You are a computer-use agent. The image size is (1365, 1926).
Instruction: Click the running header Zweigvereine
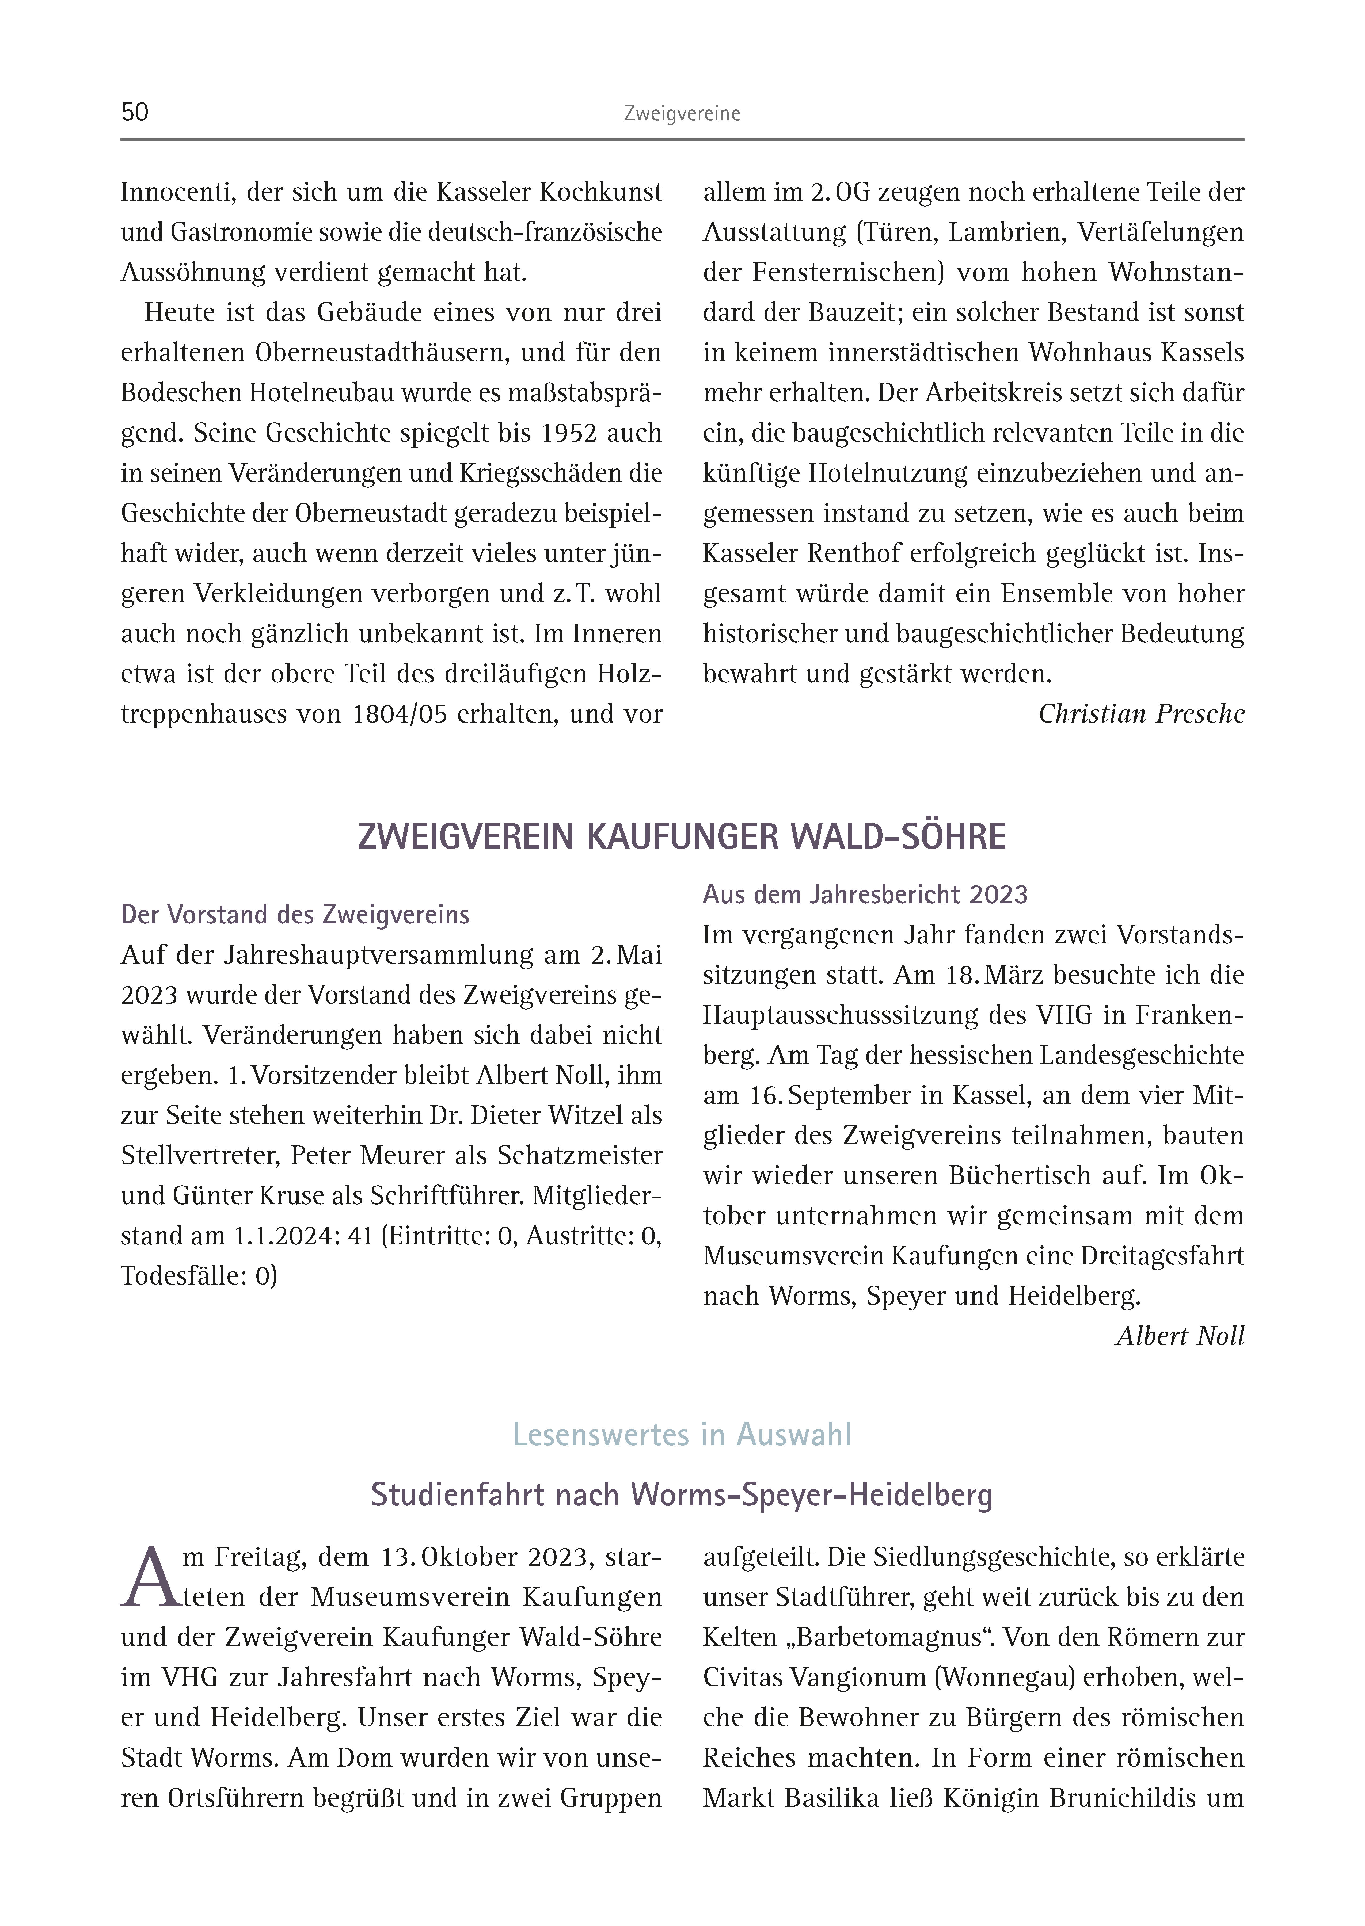682,114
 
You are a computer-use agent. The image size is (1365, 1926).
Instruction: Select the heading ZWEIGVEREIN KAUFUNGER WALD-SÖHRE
682,837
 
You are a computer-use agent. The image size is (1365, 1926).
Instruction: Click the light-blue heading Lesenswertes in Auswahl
682,1434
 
